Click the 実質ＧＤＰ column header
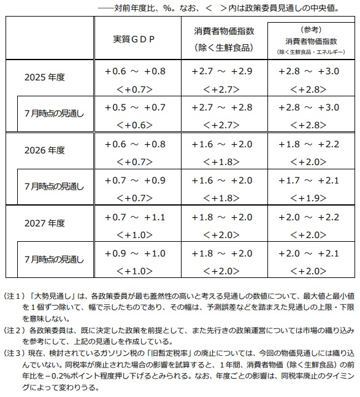(134, 39)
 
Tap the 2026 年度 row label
(44, 150)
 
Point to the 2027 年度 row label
(44, 223)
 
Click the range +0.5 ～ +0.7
(135, 108)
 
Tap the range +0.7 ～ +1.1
(135, 217)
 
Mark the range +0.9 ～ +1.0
(135, 253)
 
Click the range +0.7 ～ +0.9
(135, 180)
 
